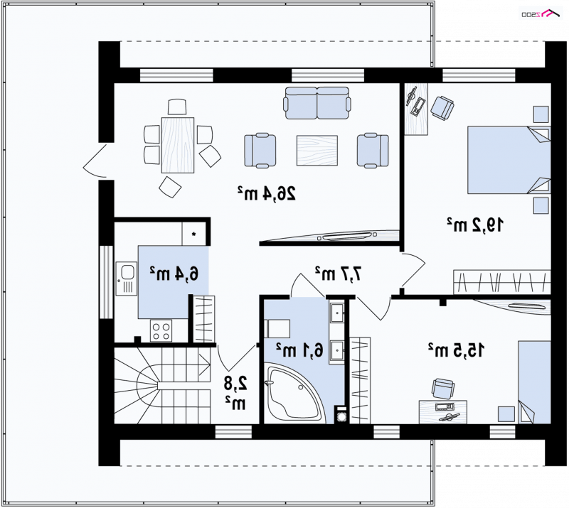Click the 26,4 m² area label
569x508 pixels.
pos(267,194)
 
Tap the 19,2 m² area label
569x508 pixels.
pos(475,225)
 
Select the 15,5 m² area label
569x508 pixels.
pos(456,350)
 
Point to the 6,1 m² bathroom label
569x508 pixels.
pos(299,350)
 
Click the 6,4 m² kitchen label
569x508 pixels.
pos(174,273)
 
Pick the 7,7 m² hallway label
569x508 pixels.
pos(339,273)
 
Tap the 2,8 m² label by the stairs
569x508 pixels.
pos(235,393)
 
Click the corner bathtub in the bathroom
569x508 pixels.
pos(294,394)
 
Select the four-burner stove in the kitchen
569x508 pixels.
pos(161,330)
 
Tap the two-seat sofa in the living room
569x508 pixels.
pos(317,103)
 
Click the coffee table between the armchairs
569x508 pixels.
pos(317,151)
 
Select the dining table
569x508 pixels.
pos(178,145)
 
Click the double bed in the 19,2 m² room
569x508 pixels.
pos(509,160)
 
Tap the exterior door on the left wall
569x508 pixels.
pos(95,161)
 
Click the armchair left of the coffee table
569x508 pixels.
pos(260,151)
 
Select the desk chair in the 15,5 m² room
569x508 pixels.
pos(442,388)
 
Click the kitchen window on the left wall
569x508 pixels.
pos(106,282)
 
